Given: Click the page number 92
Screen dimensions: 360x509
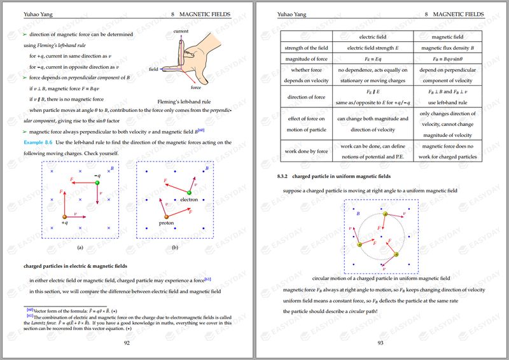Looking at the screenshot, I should [127, 342].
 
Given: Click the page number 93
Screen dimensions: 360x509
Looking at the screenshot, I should [380, 342].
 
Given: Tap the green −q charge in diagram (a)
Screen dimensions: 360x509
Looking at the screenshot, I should [97, 183].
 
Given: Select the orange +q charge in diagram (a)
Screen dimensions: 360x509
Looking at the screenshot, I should [64, 216].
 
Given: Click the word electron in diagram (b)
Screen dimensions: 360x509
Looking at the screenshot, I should [190, 200].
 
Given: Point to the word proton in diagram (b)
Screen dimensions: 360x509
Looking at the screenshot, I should [167, 223].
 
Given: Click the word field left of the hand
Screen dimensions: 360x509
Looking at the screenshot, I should [153, 69].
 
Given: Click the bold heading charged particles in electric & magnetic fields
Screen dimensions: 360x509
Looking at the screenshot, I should [76, 266].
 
